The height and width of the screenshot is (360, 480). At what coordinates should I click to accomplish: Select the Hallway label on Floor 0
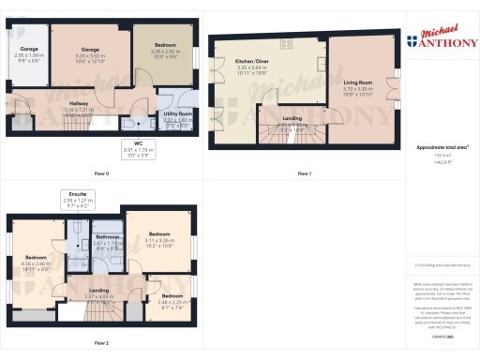click(x=79, y=103)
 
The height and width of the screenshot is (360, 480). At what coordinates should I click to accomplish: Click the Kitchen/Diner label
click(x=252, y=61)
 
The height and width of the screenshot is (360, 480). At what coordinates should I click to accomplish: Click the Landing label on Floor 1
click(x=292, y=118)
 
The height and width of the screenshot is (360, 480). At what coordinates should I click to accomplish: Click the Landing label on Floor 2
click(x=98, y=291)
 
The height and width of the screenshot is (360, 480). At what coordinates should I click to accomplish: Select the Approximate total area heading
click(x=439, y=147)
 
